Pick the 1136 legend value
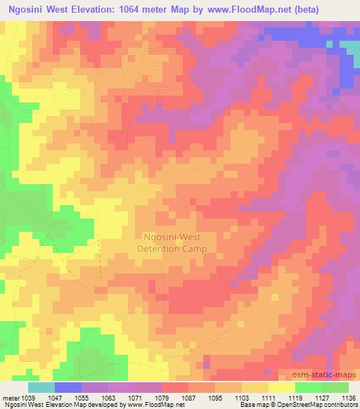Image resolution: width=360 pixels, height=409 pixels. tap(348, 397)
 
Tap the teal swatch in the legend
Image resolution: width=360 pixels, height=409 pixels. tap(41, 387)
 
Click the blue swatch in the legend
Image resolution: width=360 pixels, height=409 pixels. tap(67, 387)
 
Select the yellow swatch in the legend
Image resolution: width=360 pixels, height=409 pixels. tap(282, 387)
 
